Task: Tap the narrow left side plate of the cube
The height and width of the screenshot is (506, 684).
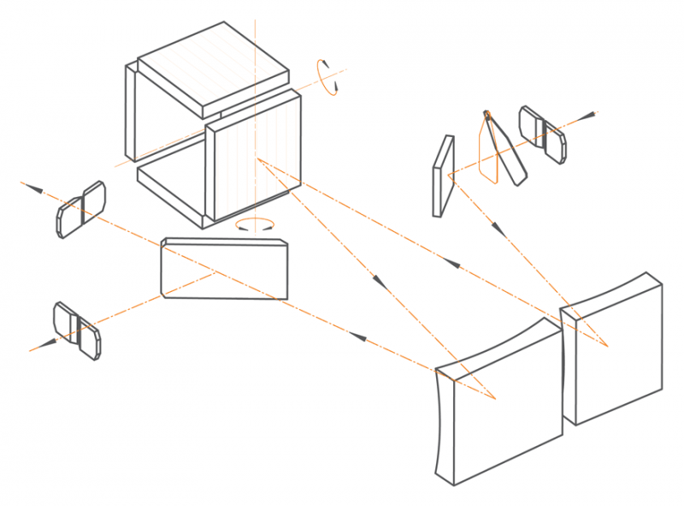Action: (131, 111)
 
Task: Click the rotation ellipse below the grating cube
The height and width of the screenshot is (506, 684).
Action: (256, 224)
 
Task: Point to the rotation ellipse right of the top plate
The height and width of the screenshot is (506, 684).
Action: (327, 74)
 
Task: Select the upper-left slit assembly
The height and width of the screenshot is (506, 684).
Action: (81, 209)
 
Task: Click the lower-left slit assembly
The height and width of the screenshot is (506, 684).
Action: (77, 329)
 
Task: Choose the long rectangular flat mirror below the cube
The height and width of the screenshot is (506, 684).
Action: (224, 270)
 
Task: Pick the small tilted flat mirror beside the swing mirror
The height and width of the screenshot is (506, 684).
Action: (443, 176)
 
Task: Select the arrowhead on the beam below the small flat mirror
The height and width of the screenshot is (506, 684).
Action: (497, 229)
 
